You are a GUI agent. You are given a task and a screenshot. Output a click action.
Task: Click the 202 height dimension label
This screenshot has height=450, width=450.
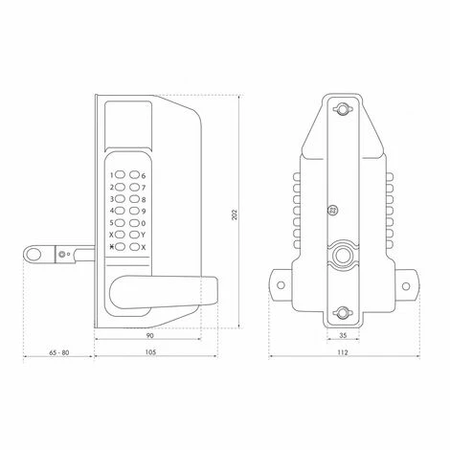235,215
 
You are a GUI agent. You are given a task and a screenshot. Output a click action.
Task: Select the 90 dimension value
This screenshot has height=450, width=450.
149,335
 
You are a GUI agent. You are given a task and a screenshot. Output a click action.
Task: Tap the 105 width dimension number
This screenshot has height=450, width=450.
150,352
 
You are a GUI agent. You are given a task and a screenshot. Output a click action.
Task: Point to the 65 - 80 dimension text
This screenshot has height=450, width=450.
59,352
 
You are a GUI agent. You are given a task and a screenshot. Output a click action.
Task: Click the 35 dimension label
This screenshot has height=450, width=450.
343,335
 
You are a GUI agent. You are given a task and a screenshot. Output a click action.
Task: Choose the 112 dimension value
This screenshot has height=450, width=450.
343,352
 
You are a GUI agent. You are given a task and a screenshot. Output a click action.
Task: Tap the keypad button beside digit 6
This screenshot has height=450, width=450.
134,175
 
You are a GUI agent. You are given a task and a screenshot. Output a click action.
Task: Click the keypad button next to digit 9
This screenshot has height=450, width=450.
134,211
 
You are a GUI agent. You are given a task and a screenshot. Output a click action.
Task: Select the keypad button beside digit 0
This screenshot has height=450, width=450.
134,222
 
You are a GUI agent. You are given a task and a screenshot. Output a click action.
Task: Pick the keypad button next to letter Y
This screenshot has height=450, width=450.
134,235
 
